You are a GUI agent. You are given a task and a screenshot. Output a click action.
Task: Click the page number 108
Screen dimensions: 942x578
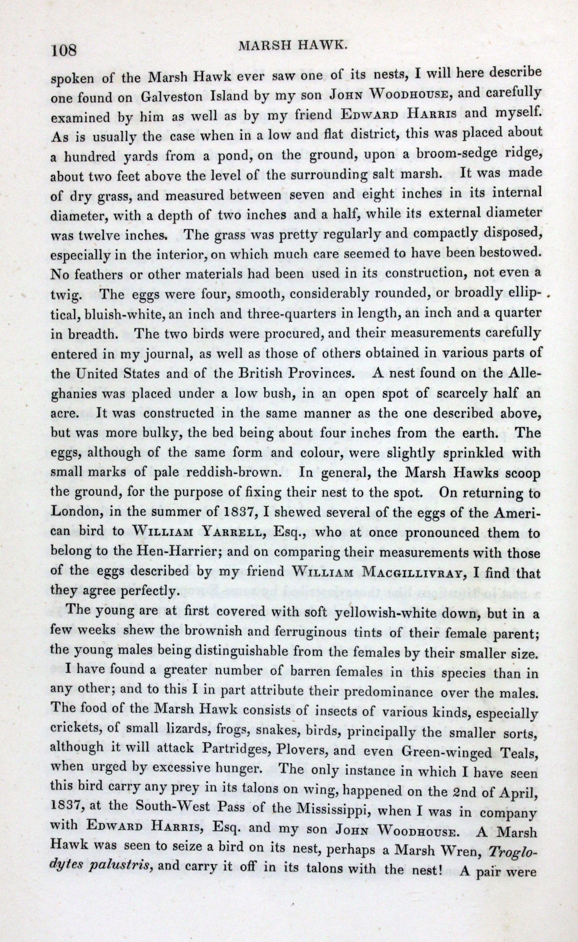pos(64,50)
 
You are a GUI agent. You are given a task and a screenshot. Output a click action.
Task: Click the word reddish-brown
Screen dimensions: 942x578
pos(234,473)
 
